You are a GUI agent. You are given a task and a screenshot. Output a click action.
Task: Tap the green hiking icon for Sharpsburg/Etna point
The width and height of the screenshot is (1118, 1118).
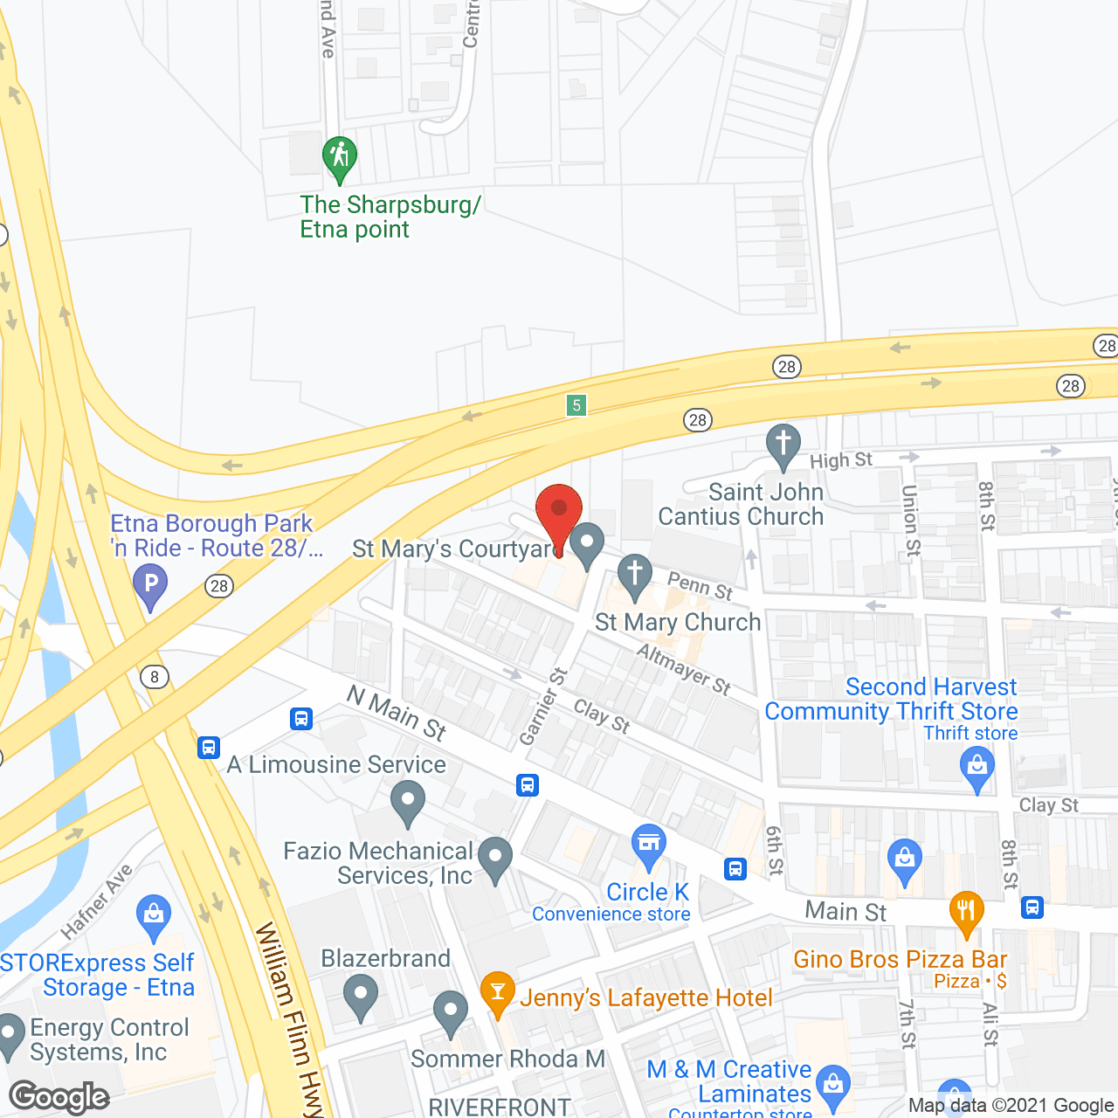tap(339, 158)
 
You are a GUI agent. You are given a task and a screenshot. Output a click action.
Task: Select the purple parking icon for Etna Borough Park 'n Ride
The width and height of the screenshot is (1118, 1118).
tap(150, 583)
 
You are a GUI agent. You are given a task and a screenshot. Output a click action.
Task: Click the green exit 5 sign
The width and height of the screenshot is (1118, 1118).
tap(576, 404)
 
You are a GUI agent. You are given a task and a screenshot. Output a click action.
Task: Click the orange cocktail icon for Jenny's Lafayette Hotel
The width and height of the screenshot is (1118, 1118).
tap(497, 992)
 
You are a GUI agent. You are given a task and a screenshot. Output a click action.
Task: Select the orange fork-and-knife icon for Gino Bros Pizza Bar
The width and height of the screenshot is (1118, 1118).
tap(965, 911)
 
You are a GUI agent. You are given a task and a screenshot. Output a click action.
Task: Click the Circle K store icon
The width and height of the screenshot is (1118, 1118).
tap(648, 845)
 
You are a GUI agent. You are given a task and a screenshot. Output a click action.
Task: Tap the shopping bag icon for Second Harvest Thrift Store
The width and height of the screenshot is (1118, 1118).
tap(977, 768)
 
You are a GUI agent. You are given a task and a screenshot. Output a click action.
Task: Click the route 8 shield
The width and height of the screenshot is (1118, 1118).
tap(155, 677)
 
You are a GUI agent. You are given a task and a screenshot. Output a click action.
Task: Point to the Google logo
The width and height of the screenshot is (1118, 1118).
tap(59, 1096)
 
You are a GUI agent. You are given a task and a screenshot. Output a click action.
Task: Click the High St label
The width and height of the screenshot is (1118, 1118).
tap(840, 460)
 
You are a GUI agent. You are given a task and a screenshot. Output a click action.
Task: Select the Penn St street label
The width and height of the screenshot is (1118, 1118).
tap(700, 585)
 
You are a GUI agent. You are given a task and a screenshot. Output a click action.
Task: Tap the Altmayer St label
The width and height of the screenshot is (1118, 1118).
tap(683, 669)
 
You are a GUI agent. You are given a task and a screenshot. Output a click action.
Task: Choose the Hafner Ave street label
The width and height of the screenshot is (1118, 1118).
tap(98, 901)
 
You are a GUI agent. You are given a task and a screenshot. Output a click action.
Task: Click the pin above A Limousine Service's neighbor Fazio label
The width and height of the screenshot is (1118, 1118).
tap(407, 801)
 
